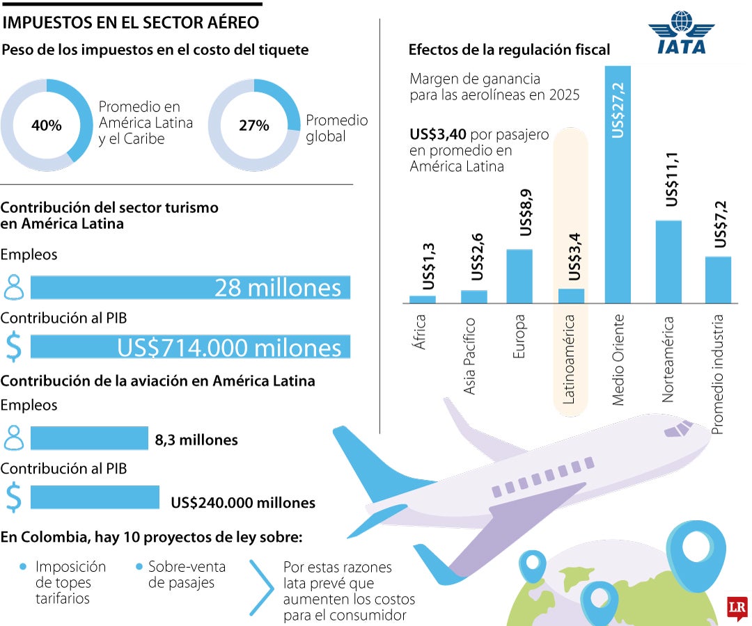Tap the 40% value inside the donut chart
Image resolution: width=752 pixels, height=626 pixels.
(x=47, y=126)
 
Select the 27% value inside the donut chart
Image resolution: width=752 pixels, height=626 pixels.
(x=254, y=126)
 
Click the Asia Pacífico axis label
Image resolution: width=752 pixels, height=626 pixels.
(x=470, y=355)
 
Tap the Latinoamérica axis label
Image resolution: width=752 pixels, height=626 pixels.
(x=569, y=359)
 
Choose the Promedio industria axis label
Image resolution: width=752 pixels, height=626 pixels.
(x=718, y=374)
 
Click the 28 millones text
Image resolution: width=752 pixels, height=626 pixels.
(x=277, y=288)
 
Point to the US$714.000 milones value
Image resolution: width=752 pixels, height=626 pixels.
(x=229, y=348)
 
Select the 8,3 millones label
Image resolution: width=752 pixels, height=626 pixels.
(x=196, y=440)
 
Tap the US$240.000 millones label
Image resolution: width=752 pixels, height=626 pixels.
(x=242, y=503)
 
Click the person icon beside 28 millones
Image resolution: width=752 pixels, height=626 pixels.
(x=14, y=287)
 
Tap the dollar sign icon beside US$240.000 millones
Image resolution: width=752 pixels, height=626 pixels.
(x=14, y=497)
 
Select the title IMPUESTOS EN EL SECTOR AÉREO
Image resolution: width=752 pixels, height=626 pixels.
(x=131, y=23)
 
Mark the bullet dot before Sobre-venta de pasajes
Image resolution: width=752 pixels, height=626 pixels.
(x=140, y=567)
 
